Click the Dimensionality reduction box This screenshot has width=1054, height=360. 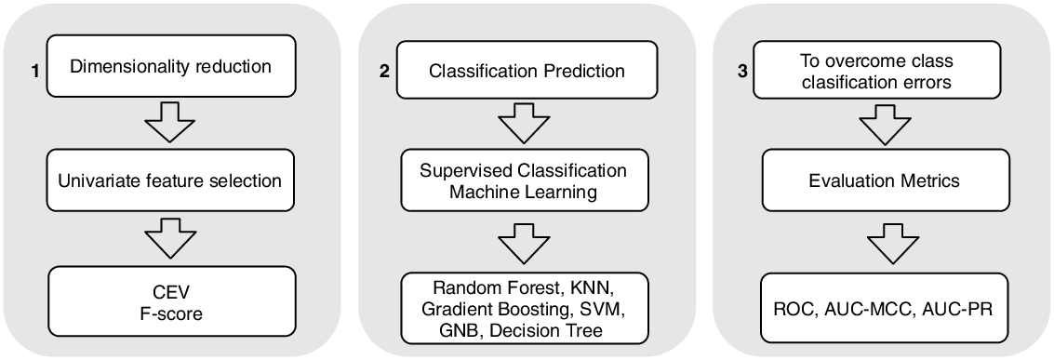171,68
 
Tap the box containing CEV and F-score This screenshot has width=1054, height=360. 171,305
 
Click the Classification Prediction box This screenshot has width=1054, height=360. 525,71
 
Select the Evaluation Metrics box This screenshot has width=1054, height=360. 879,182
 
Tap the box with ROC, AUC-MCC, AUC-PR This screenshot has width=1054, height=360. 880,307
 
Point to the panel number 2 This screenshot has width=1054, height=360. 384,73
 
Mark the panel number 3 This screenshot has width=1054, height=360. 741,71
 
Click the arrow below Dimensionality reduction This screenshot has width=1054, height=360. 171,125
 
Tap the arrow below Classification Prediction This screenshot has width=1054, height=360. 524,125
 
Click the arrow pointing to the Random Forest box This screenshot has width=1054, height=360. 524,245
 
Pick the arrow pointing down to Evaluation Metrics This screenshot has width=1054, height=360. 880,125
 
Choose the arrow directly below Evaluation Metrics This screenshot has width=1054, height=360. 880,244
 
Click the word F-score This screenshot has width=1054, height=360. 171,315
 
